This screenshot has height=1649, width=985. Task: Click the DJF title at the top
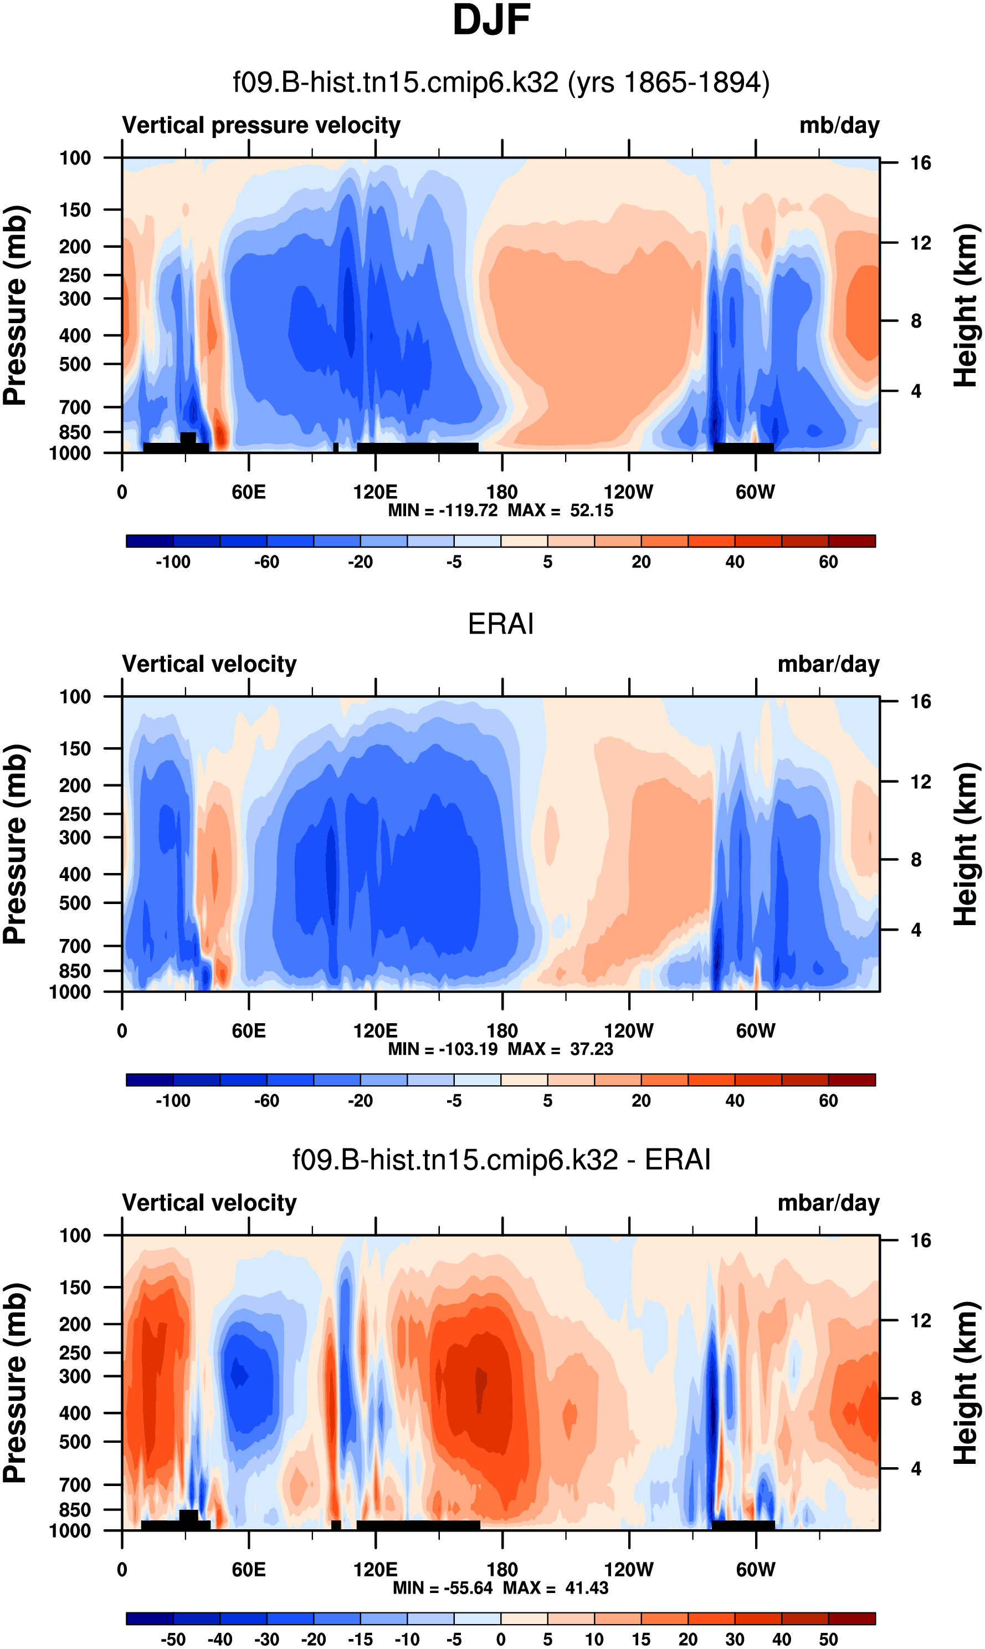(x=491, y=20)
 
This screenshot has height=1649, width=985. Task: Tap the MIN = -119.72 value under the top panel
(x=443, y=510)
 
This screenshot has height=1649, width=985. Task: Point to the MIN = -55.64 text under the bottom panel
(x=443, y=1587)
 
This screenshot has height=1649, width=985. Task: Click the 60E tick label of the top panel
(x=249, y=492)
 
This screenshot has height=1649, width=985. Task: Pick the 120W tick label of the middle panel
(x=629, y=1031)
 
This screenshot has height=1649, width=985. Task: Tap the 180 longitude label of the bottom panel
(x=502, y=1569)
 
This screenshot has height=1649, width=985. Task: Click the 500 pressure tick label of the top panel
(x=75, y=365)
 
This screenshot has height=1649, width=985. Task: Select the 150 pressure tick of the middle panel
(x=75, y=748)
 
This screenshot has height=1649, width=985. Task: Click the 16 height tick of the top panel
(x=921, y=163)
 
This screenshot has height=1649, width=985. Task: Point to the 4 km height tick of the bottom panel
(x=916, y=1468)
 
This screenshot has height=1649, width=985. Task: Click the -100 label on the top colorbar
(x=173, y=562)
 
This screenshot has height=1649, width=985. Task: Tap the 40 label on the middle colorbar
(x=735, y=1100)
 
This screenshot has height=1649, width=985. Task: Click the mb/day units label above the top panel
(x=839, y=125)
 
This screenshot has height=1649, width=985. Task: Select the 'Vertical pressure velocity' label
(x=261, y=125)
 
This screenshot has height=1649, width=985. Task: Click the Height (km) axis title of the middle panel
(x=966, y=844)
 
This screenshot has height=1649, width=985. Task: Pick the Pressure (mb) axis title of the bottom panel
(x=14, y=1383)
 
